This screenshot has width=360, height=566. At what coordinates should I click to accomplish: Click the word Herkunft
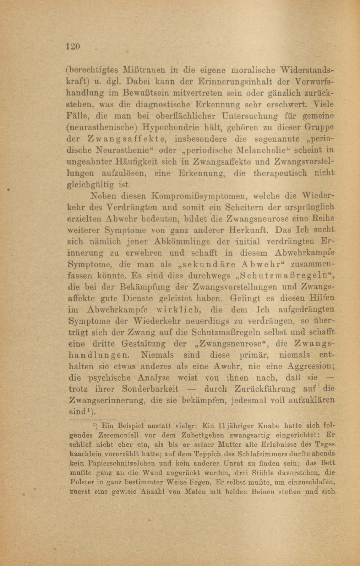click(x=242, y=230)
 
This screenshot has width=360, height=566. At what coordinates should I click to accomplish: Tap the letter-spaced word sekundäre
click(x=203, y=265)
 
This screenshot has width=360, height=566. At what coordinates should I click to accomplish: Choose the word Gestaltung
click(x=143, y=344)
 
